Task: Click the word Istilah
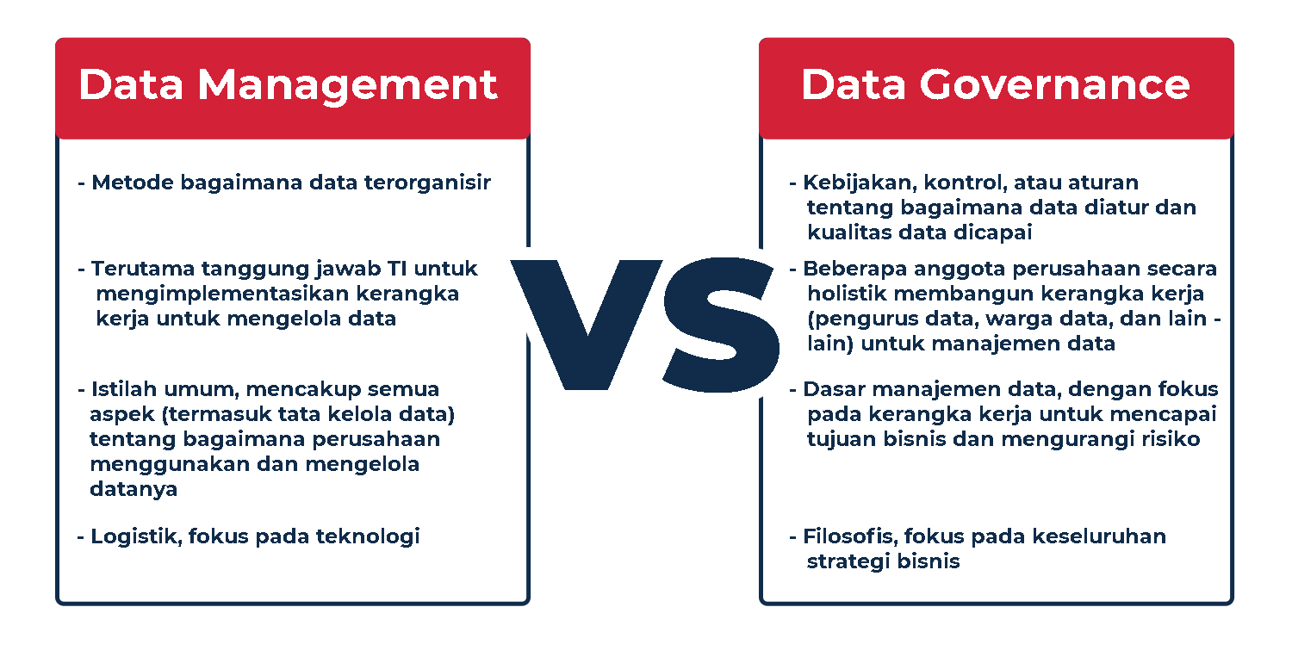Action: click(122, 389)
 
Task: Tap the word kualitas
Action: click(847, 232)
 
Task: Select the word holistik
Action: click(845, 294)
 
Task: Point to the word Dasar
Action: click(830, 389)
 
